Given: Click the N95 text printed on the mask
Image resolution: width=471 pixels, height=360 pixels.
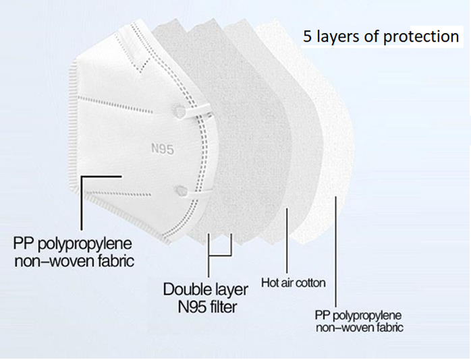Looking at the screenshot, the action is pos(163,149).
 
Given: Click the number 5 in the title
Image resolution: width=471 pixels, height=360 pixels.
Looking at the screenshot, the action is pos(307,36).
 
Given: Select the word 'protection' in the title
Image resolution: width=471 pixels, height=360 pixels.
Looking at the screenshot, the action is pos(421,36).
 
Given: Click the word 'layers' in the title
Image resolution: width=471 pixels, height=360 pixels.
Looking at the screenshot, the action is pos(338,36).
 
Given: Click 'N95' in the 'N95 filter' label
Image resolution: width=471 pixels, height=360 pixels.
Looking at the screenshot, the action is pos(192,307).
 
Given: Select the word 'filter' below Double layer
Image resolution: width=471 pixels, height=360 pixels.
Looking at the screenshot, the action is pos(223,307).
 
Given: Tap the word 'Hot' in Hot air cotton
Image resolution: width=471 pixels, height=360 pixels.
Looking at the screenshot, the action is pos(269,283).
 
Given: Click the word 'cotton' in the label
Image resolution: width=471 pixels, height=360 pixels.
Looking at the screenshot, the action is pos(311,283).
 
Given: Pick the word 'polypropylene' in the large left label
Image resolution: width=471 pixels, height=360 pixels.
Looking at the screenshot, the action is pos(85,245).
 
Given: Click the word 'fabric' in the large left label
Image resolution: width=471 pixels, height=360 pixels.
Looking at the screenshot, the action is pos(115,261).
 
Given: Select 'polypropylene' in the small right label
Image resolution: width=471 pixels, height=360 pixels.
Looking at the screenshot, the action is pos(367,316).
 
